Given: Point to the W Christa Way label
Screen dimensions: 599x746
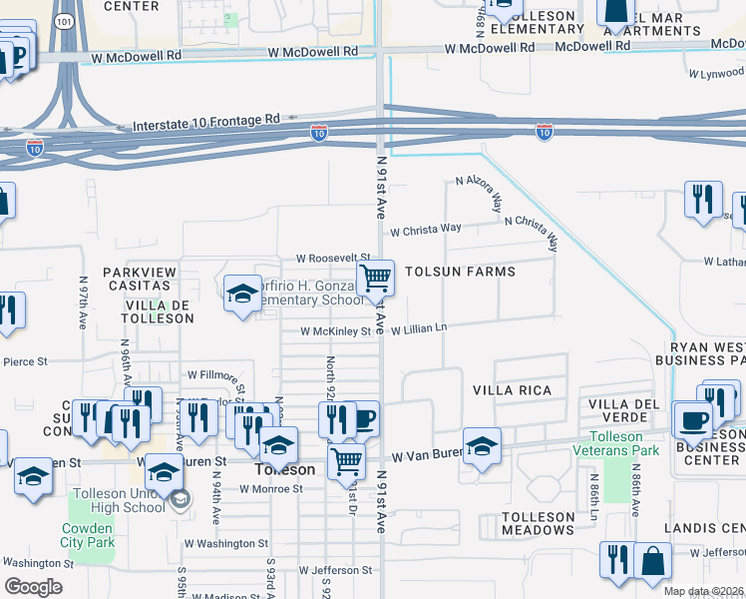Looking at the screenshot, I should [426, 229].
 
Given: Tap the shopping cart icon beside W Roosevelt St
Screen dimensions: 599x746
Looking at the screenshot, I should [376, 277].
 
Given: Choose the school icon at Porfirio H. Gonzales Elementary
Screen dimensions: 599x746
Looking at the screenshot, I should [241, 294].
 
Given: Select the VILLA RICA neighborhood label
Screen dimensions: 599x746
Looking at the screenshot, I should [512, 389].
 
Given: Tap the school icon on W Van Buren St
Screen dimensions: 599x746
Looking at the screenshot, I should [482, 445].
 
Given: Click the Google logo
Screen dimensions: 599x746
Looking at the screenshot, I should [33, 587].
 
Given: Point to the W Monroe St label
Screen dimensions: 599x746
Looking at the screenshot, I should [271, 489].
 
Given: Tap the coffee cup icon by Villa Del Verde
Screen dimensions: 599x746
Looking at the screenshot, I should [691, 419].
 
